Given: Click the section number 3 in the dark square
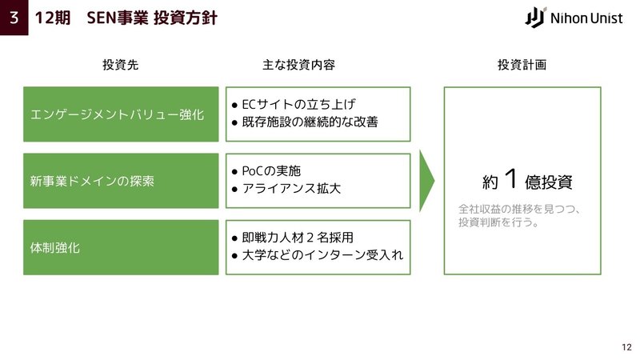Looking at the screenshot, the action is pos(14,18).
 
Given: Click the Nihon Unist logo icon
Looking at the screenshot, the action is pos(535,18).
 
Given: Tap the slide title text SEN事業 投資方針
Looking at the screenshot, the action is pos(152,18).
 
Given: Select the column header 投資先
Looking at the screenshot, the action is pos(121,65).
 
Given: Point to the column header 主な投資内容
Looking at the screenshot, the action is pos(298,65).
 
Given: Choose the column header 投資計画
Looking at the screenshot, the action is pos(522,65).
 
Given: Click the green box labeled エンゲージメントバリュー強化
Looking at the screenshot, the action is pos(121,114).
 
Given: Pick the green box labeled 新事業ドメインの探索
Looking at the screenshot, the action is pos(121,181).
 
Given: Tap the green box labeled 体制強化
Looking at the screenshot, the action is pos(121,247).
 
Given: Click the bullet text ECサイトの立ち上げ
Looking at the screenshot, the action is pos(298,105).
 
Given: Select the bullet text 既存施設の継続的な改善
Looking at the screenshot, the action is pos(310,122).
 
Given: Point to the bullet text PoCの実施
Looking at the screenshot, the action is pos(271,170).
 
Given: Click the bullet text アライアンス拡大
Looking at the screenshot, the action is pos(291,188).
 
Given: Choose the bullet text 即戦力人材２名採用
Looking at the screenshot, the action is pos(298,237).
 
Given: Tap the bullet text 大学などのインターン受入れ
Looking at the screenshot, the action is pos(322,255).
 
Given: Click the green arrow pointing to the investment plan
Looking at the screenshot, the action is pos(426,181).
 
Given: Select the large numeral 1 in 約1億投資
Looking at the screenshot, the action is pos(511,178).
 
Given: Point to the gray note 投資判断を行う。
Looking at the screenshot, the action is pos(498,222).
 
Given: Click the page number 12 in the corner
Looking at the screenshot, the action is pos(627,347).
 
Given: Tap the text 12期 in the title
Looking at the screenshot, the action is pos(53,18).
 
